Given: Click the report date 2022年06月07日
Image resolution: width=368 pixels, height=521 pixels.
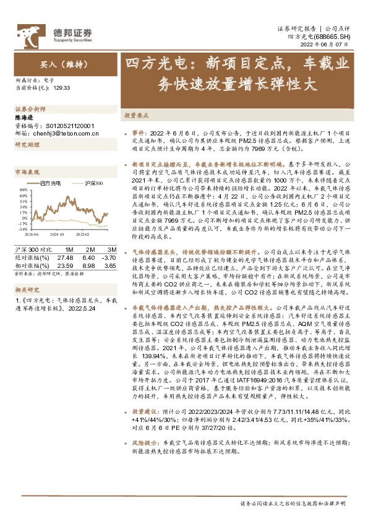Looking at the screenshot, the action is click(x=333, y=45).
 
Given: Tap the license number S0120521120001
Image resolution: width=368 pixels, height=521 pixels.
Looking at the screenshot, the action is click(x=67, y=124).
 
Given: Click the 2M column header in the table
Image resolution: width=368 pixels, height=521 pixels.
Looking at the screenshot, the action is click(x=88, y=249).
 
